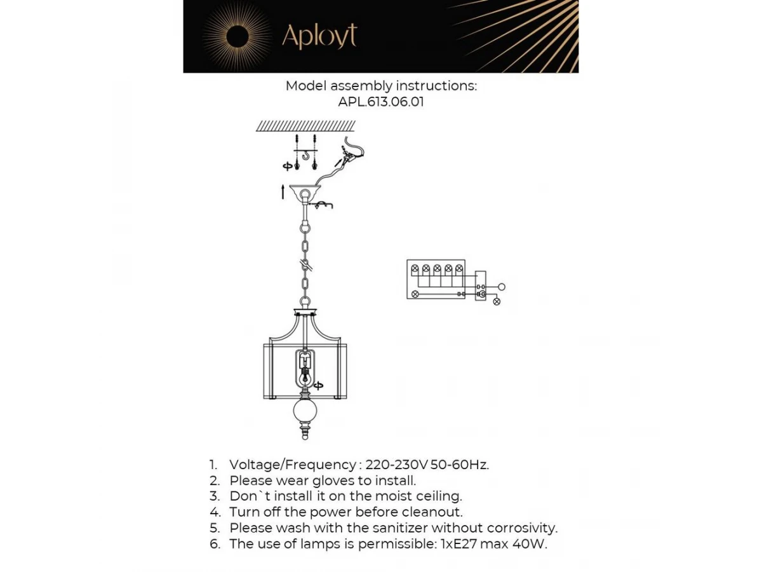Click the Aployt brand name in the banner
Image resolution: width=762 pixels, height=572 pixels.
pos(319,36)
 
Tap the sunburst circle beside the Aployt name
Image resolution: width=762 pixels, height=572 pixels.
pos(237,36)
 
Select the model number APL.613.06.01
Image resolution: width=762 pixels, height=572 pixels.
pos(380,102)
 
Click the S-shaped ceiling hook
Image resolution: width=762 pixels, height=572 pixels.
pos(305,154)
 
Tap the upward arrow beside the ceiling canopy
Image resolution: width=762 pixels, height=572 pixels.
pos(283,191)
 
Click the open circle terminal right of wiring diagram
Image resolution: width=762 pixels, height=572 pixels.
pos(501,287)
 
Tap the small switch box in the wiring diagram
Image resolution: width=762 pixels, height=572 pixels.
pos(481,286)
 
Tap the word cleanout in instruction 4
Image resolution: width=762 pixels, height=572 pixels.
pos(434,512)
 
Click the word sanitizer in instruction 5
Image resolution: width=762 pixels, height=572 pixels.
pos(396,528)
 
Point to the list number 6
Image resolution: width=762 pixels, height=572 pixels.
pos(215,544)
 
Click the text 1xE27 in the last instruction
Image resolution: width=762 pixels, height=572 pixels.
pos(460,544)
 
